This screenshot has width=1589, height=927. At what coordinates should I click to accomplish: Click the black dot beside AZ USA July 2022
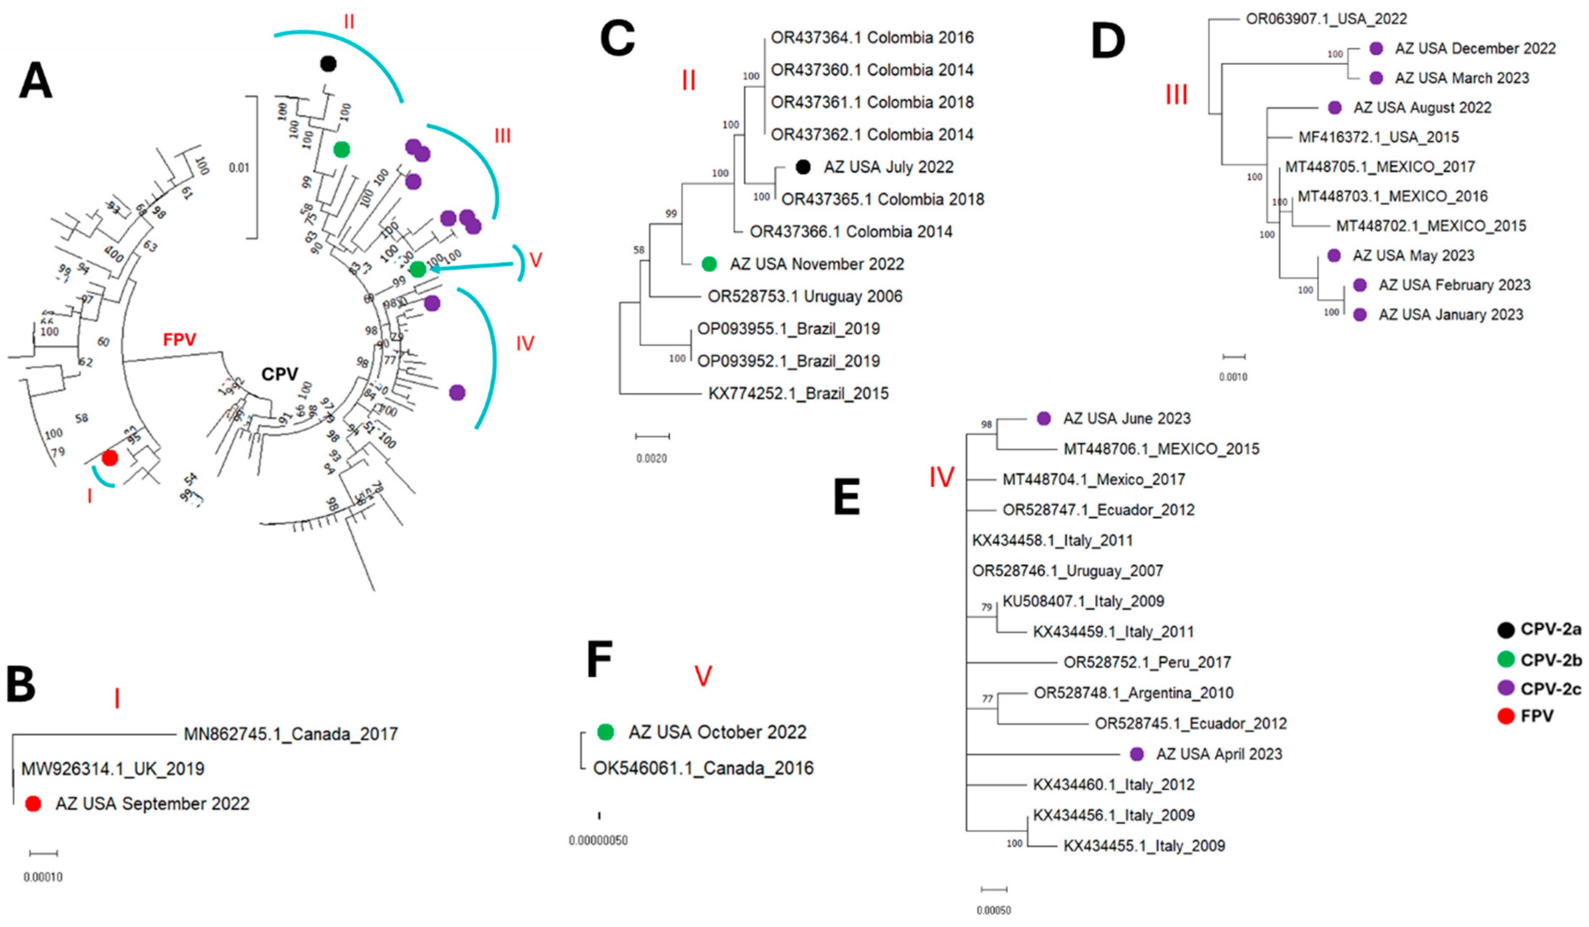(x=802, y=167)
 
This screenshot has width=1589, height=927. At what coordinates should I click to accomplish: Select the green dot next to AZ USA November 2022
(x=709, y=264)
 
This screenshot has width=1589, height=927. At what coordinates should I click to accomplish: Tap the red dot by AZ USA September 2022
(x=33, y=804)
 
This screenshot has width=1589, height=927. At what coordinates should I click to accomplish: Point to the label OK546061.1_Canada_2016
(x=703, y=768)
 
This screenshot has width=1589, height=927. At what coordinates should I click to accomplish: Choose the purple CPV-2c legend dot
(x=1506, y=688)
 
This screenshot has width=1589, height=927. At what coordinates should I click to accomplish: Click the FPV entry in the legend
(x=1526, y=716)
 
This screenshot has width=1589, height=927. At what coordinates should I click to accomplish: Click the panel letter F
(x=599, y=660)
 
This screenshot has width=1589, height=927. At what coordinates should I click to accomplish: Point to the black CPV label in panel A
(x=279, y=374)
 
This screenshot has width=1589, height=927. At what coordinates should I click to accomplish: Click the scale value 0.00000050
(x=598, y=841)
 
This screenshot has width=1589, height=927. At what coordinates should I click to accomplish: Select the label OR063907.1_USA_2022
(x=1326, y=19)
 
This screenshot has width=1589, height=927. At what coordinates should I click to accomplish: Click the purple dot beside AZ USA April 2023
(x=1136, y=754)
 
